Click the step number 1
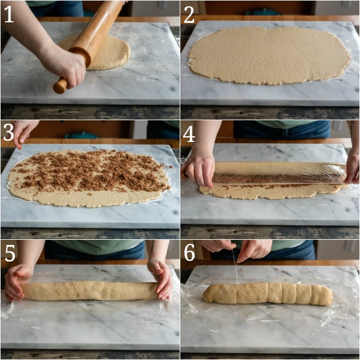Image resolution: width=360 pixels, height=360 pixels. click(9, 14)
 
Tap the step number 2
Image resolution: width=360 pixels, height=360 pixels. click(189, 15)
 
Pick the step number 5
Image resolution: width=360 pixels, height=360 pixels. click(10, 254)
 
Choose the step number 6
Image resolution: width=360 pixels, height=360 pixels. click(189, 253)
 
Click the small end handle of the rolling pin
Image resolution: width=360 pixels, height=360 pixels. click(60, 86)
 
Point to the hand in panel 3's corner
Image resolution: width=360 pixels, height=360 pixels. click(23, 133)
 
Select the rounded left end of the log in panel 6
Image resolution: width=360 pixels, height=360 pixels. click(209, 294)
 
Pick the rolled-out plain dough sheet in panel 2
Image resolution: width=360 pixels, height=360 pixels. click(269, 56)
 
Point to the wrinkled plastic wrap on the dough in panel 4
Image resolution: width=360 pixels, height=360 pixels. click(280, 173)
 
